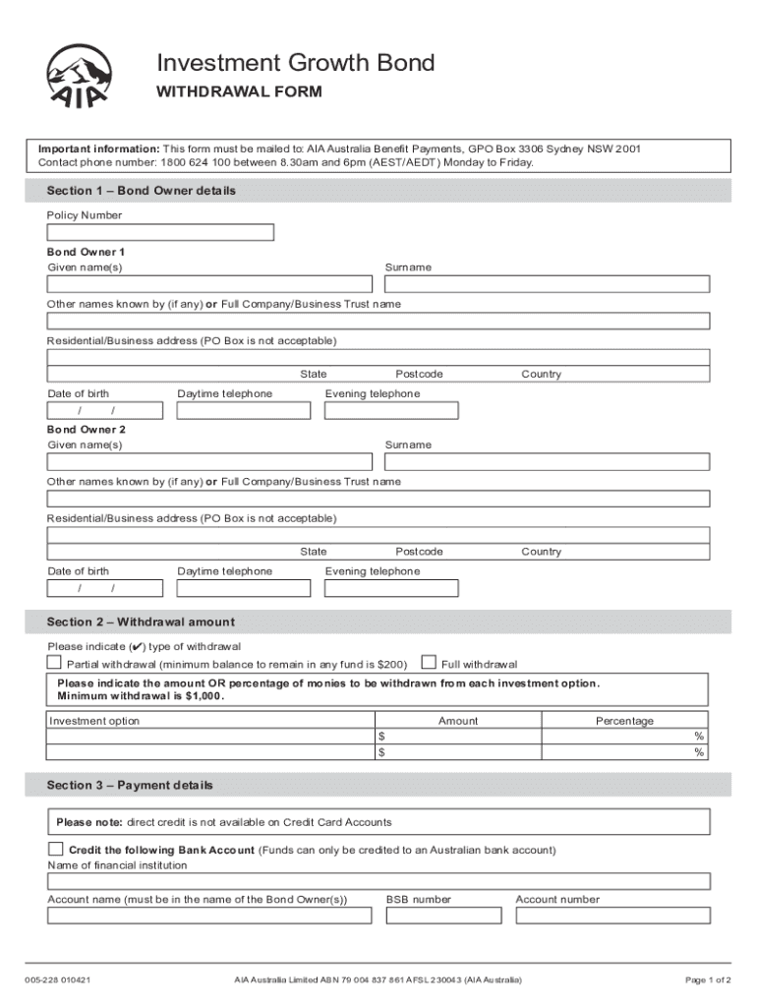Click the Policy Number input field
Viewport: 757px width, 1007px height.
point(160,233)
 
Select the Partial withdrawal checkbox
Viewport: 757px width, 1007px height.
point(55,663)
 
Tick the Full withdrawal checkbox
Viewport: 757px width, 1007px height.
point(429,663)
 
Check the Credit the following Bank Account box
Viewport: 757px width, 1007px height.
point(55,849)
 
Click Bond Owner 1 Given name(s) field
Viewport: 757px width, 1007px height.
point(209,284)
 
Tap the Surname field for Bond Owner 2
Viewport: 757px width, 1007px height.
point(547,461)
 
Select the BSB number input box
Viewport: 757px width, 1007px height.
point(444,916)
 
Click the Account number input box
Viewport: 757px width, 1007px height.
point(611,916)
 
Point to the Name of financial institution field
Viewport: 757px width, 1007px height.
point(378,881)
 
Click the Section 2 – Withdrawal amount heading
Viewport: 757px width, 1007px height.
point(141,622)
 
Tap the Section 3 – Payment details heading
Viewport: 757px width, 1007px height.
point(130,785)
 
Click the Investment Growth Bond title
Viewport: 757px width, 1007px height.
point(296,64)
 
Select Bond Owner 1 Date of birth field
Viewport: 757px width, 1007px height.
point(104,410)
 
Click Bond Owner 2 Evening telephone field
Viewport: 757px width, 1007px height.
point(391,588)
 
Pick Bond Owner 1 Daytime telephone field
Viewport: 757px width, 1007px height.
point(243,410)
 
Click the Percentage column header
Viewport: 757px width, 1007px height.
point(624,721)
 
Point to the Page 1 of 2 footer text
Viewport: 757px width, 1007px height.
point(708,980)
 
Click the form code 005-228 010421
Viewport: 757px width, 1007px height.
point(59,980)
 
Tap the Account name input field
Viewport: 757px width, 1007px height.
point(209,916)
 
